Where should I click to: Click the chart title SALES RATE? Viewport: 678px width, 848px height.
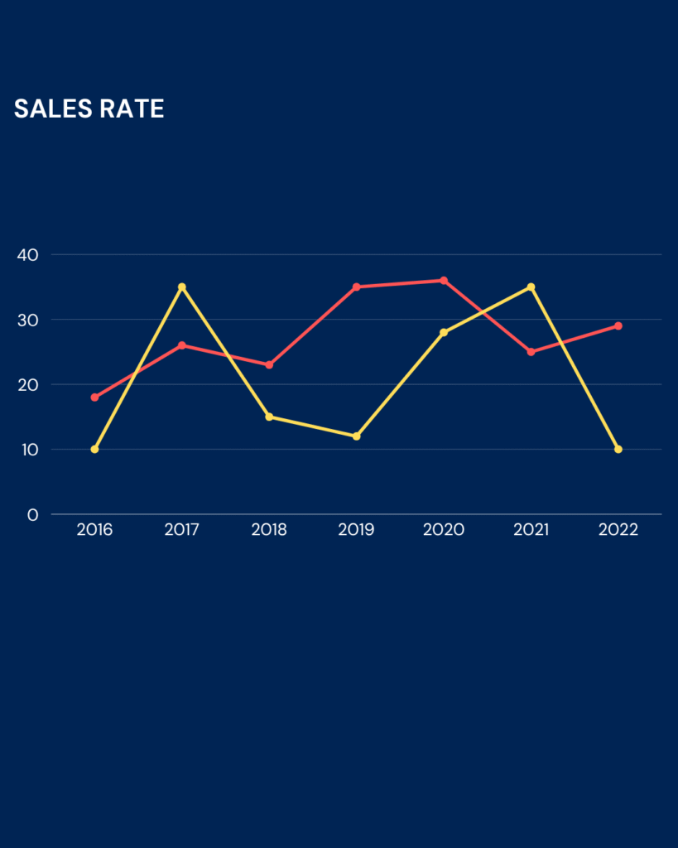(x=89, y=108)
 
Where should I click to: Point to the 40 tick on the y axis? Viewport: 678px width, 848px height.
(x=28, y=254)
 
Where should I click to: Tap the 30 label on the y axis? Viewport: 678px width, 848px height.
(x=28, y=320)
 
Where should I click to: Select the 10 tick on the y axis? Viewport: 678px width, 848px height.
(x=28, y=450)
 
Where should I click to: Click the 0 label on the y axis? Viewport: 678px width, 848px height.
(x=32, y=515)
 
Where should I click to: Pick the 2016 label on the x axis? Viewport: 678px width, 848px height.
(x=94, y=530)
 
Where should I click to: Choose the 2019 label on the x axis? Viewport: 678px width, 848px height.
(x=356, y=530)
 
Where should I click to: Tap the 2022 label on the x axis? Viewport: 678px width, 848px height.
(x=618, y=530)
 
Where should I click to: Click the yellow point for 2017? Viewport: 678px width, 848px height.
(x=182, y=287)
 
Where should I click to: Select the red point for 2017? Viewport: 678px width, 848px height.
(x=182, y=345)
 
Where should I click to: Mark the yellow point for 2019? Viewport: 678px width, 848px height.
(x=356, y=436)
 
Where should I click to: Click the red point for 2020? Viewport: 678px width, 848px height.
(x=444, y=281)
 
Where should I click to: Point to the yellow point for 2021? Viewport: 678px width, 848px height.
(x=531, y=287)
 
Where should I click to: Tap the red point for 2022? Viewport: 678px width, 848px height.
(x=618, y=326)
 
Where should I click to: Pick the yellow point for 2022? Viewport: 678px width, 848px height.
(x=618, y=450)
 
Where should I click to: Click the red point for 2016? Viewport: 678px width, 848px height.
(x=94, y=397)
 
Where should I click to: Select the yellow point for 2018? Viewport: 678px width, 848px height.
(x=269, y=417)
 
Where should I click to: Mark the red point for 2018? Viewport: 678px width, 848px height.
(x=269, y=365)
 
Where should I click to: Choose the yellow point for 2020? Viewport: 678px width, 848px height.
(x=444, y=333)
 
